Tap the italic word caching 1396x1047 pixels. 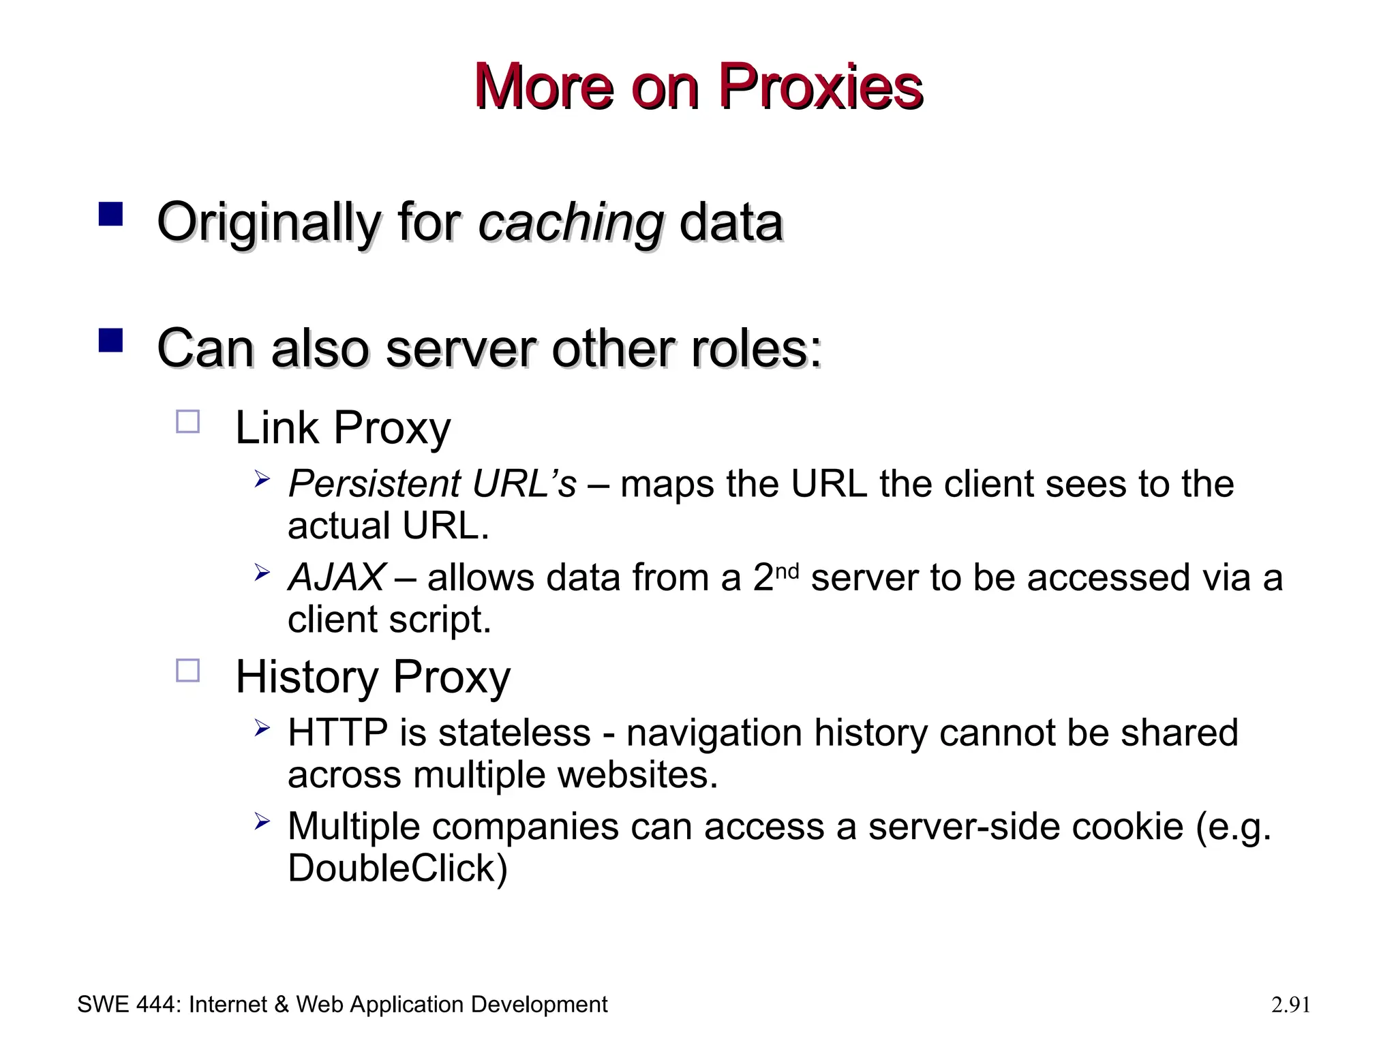click(571, 223)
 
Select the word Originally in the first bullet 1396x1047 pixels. click(267, 223)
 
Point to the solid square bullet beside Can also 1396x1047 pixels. click(110, 340)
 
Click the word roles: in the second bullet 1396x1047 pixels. click(756, 349)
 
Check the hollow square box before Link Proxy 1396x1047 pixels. click(188, 422)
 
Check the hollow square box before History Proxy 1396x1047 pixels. click(188, 671)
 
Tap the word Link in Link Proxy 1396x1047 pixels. click(277, 428)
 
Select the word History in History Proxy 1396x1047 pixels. click(307, 678)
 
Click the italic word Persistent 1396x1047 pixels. click(374, 484)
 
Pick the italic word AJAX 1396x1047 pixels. click(337, 578)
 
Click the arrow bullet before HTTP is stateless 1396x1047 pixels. click(262, 729)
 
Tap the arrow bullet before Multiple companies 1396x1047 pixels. click(262, 822)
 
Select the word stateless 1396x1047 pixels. click(514, 733)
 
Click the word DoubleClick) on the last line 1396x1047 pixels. click(397, 868)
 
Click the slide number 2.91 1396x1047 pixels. click(1290, 1005)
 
